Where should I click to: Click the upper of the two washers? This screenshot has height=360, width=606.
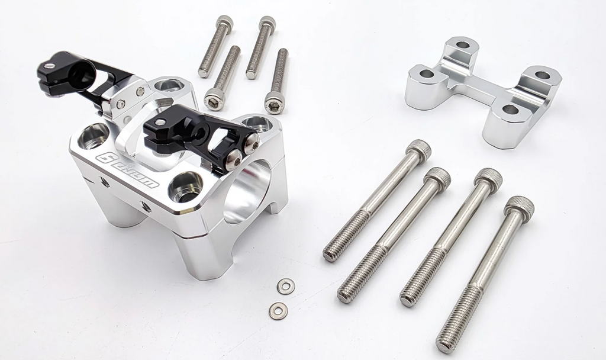click(x=286, y=287)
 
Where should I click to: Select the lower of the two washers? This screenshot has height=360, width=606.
click(x=278, y=310)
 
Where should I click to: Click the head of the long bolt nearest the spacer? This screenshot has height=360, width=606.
click(x=419, y=150)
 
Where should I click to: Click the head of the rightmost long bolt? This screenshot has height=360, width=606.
click(x=519, y=209)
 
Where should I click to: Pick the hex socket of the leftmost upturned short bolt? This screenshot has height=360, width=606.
click(x=214, y=99)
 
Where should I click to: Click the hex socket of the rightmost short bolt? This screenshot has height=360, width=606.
click(x=274, y=104)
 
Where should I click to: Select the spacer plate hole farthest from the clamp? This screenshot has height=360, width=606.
click(x=542, y=75)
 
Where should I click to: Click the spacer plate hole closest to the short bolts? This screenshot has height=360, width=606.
click(x=427, y=74)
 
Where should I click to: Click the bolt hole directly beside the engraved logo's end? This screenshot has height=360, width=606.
click(x=185, y=189)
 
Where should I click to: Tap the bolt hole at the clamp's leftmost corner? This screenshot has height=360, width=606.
click(x=94, y=136)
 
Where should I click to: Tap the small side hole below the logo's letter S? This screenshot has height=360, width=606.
click(x=105, y=182)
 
